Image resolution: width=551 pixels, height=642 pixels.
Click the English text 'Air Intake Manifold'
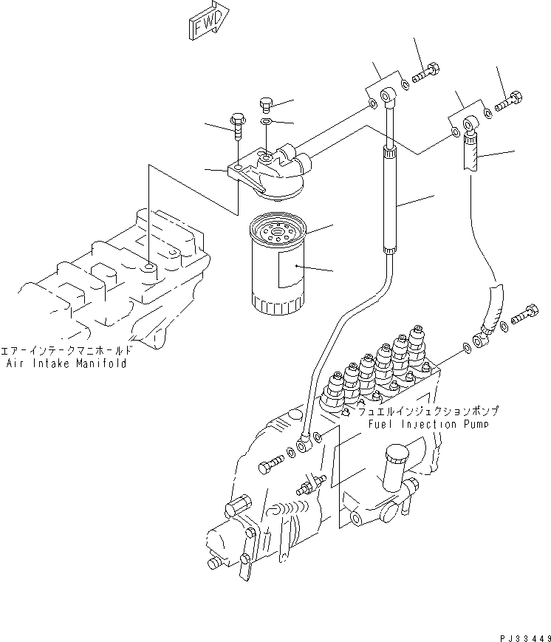66,363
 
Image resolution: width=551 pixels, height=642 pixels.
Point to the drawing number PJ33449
521,635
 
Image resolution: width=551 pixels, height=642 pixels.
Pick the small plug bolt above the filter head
267,103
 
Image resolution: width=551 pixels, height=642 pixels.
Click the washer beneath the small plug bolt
267,121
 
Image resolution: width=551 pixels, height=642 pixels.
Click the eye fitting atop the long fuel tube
388,95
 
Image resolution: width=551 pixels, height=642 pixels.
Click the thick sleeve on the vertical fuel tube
389,199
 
